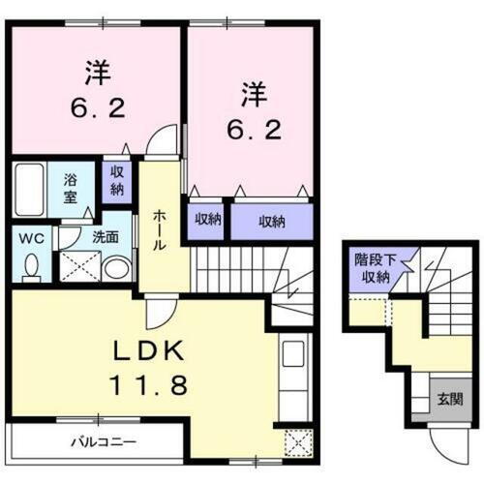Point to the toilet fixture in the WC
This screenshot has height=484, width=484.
(x=31, y=264)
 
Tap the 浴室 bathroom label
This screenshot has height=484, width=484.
(x=71, y=187)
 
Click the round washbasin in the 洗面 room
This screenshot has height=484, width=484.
(x=116, y=267)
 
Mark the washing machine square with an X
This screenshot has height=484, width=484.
(x=76, y=265)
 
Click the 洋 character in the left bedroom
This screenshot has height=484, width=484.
(x=98, y=72)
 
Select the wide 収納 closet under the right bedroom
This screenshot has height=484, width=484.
(x=271, y=222)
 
